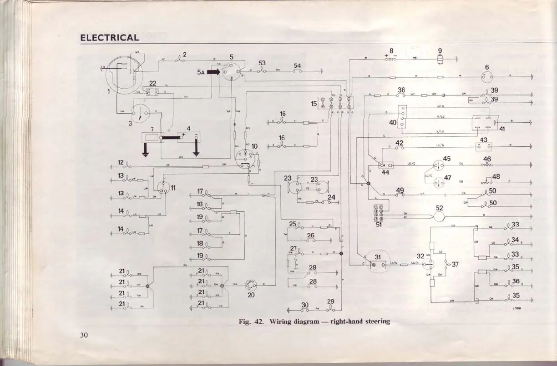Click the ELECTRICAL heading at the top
click(109, 38)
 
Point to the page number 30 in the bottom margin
click(83, 336)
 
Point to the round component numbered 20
click(251, 285)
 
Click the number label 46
click(487, 159)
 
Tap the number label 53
click(262, 63)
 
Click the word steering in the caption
click(377, 321)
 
